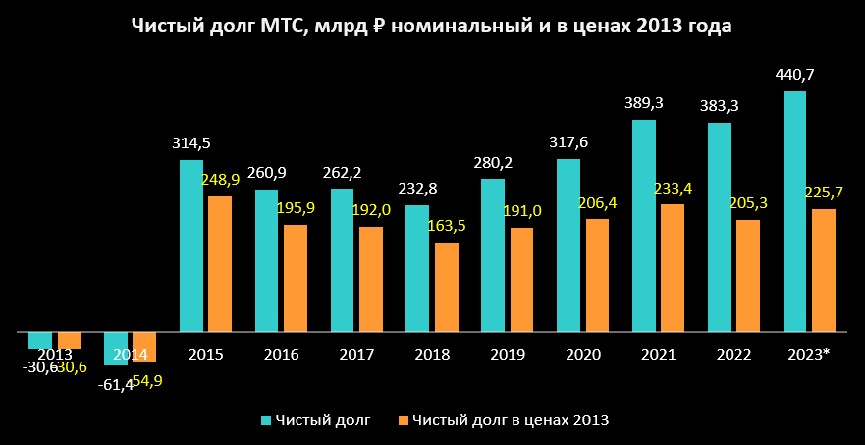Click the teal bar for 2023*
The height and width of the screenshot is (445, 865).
coord(794,211)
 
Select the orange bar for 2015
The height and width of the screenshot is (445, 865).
coord(220,263)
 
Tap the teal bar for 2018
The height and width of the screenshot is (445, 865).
coord(417,268)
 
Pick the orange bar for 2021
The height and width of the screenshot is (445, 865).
coord(673,267)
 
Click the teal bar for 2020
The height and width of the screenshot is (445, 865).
coord(568,246)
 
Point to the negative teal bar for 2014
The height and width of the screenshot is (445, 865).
coord(116,349)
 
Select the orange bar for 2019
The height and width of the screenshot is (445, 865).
coord(521,280)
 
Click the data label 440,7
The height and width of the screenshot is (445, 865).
coord(794,75)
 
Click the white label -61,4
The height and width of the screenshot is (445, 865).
coord(116,384)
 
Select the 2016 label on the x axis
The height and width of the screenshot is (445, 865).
coord(282,354)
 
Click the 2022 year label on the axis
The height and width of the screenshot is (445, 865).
coord(734,354)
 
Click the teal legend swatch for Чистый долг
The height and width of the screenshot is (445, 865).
coord(266,421)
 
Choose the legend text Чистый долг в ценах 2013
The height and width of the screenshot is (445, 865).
coord(511,421)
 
